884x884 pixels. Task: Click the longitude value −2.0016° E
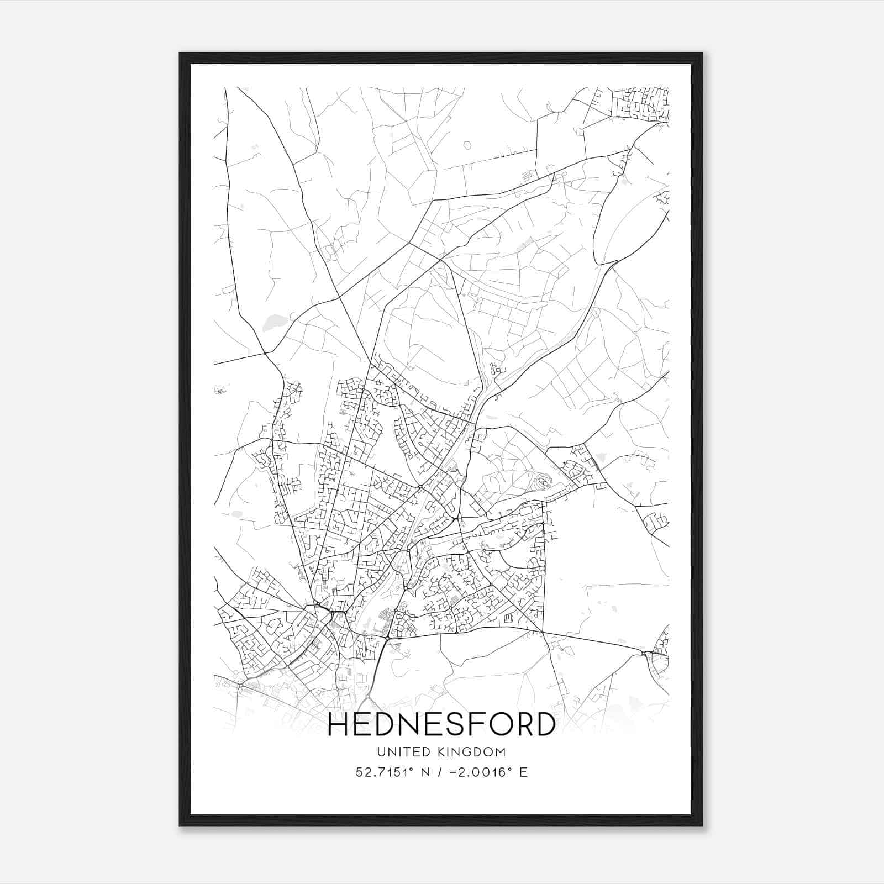(x=484, y=772)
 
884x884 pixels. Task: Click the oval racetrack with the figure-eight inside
(x=543, y=482)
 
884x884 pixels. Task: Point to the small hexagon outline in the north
(x=468, y=145)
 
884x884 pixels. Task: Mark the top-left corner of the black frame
(x=180, y=54)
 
